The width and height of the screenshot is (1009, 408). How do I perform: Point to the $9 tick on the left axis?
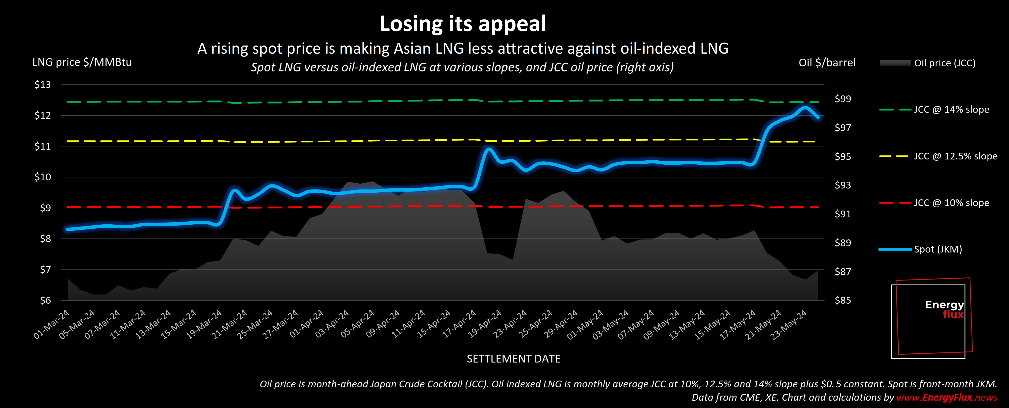[45, 208]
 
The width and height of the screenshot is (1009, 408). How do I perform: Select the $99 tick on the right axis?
[843, 99]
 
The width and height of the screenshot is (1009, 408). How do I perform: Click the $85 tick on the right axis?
[843, 300]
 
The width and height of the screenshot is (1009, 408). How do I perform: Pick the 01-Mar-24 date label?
[52, 324]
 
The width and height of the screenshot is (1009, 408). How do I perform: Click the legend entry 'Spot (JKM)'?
[938, 249]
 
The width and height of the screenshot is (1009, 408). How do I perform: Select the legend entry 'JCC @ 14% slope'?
[951, 110]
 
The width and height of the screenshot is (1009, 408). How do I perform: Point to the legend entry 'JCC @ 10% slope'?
[951, 203]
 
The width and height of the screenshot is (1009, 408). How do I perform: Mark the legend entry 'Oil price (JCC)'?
[944, 63]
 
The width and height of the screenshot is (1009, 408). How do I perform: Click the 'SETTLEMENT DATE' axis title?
[513, 359]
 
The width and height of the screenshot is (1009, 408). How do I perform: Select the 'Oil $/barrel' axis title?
[827, 63]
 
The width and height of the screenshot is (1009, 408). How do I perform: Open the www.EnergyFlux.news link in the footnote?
[947, 397]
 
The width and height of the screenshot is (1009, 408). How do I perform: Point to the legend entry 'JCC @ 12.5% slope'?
[955, 156]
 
